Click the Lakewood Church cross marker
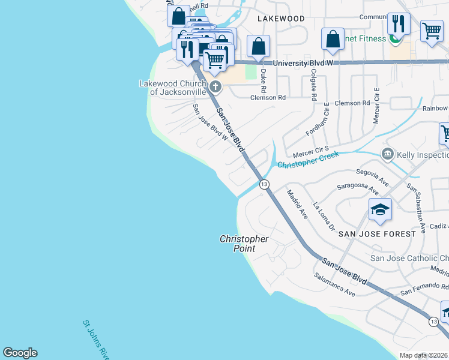(215, 88)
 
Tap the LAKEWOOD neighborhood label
(281, 19)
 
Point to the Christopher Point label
(244, 243)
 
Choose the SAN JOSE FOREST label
(376, 233)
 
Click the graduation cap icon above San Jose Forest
(380, 210)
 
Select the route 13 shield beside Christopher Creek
(264, 184)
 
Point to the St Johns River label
(97, 340)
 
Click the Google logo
(20, 353)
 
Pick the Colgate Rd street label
(313, 83)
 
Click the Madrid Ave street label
(297, 205)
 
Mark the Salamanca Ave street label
(334, 284)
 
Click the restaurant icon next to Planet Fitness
(399, 25)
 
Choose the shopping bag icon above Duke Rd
(258, 46)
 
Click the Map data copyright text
(424, 355)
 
